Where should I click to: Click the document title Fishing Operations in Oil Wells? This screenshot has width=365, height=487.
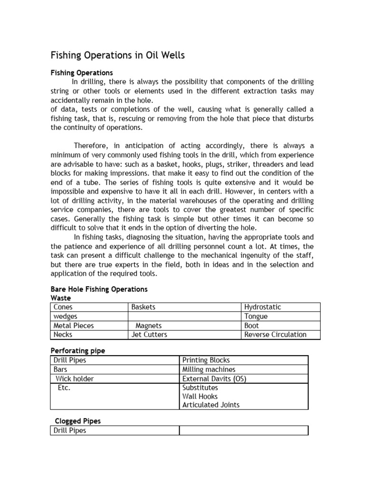[x=117, y=56]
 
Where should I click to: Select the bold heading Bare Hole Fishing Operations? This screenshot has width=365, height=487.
[x=99, y=289]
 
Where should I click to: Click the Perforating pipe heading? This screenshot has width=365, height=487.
[x=78, y=351]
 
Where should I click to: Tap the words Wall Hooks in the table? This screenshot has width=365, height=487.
[x=200, y=397]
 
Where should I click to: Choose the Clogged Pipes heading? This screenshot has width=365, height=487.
[x=77, y=421]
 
